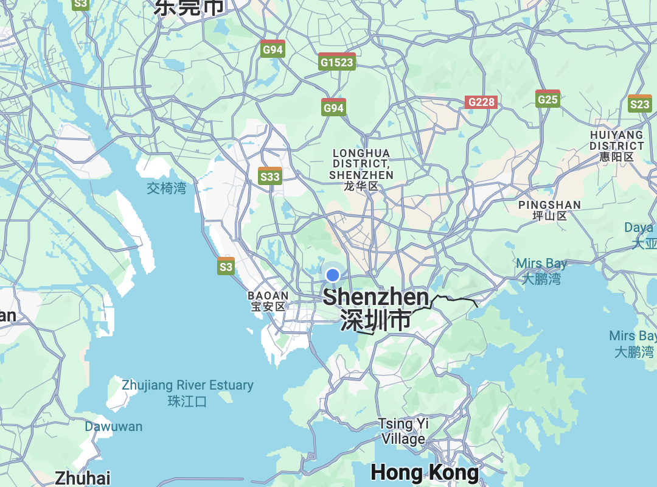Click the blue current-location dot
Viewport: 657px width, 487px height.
pos(332,275)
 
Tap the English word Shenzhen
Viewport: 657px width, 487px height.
pos(376,297)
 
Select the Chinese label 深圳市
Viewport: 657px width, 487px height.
pos(375,320)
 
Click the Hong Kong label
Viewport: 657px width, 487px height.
pos(425,472)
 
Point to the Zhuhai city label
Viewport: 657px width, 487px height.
pos(83,477)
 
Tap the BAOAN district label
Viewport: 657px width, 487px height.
pos(268,301)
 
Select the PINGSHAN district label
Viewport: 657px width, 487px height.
pos(549,210)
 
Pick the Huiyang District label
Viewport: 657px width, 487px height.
pos(616,145)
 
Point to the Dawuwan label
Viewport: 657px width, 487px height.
pos(113,427)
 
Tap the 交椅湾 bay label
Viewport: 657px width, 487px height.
pos(166,188)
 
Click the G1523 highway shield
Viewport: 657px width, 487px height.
pos(336,61)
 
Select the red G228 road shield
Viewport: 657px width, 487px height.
pos(481,102)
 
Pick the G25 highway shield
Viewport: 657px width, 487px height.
pos(547,99)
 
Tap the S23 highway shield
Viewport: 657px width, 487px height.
pos(639,104)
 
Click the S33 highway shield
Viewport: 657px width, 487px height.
pos(269,177)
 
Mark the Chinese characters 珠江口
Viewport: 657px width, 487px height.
pos(187,401)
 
